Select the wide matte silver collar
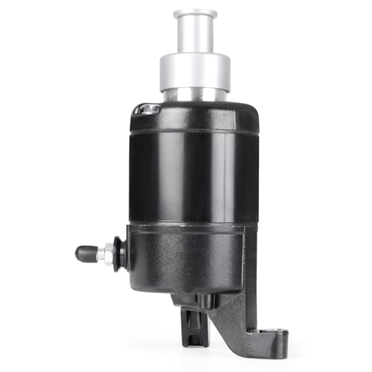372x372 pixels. [x=195, y=71]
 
